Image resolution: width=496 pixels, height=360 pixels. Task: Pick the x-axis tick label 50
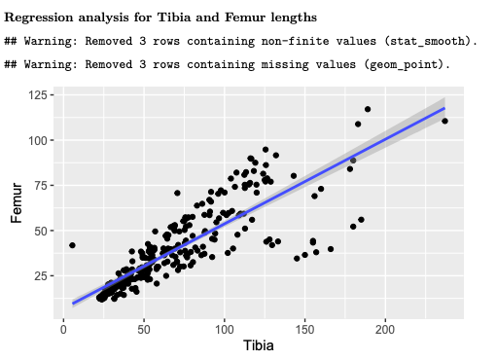144,329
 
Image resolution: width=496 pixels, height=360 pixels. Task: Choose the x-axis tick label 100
225,329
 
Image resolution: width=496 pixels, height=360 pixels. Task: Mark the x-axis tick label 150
305,329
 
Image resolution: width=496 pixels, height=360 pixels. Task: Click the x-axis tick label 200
385,329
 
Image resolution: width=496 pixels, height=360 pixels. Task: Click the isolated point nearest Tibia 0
72,245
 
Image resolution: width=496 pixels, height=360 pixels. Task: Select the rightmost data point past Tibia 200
444,121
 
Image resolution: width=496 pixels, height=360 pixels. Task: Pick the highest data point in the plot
368,109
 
